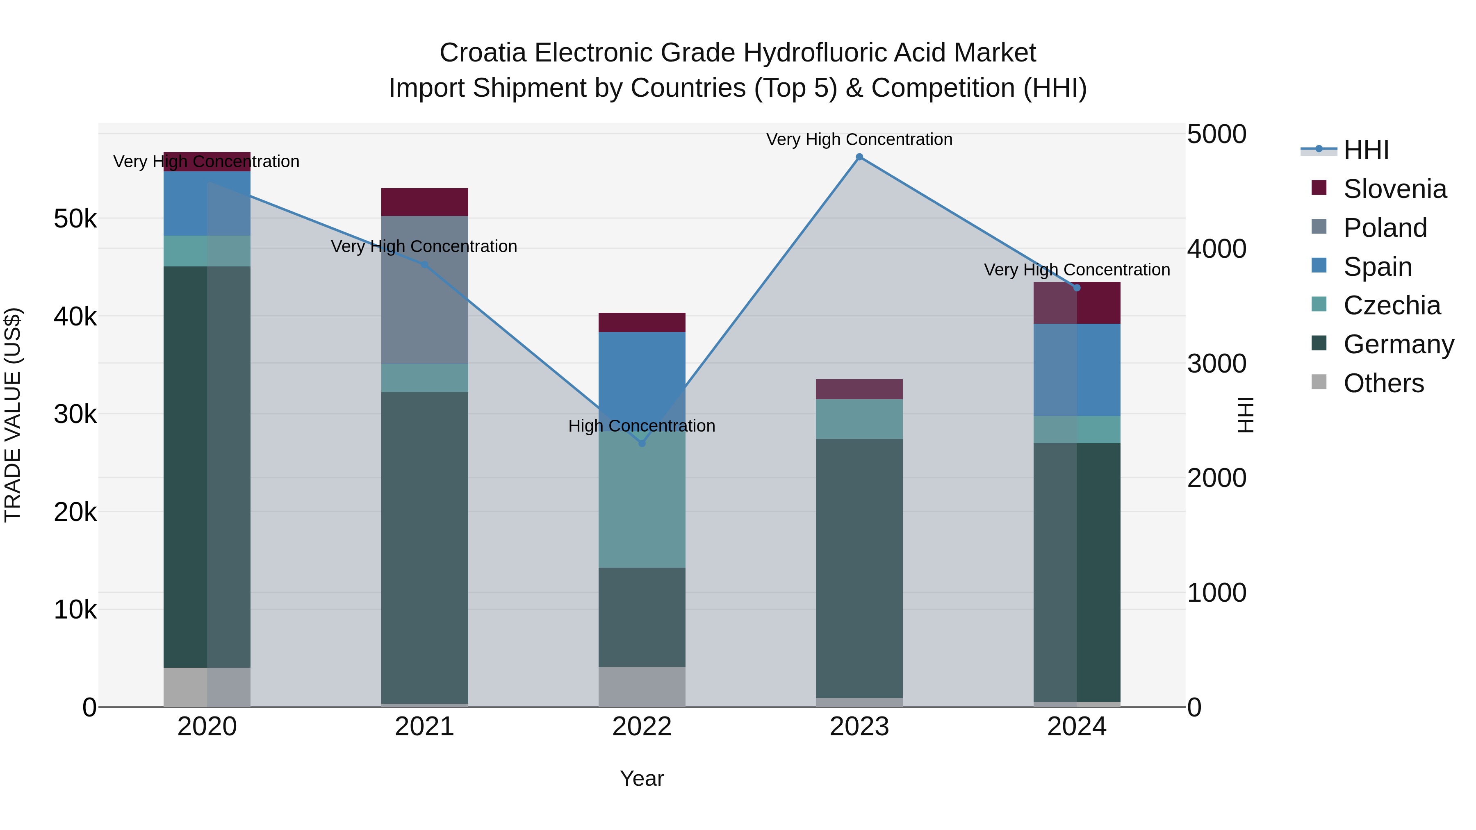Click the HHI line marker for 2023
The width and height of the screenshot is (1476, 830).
(859, 157)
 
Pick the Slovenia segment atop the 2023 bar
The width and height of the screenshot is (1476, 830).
(859, 389)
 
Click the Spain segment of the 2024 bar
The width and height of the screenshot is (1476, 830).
(1077, 369)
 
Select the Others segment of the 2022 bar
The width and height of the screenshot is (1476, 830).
(642, 686)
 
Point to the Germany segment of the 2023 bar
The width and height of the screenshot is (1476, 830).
(859, 567)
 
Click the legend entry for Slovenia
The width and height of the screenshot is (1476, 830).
(1395, 189)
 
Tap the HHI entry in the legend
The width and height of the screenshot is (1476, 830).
(1366, 150)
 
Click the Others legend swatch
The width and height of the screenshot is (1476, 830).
(1319, 382)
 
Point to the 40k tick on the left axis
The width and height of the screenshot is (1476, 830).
(75, 316)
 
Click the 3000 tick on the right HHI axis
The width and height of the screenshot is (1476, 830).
(1216, 364)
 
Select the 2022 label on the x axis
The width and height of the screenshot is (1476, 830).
(642, 727)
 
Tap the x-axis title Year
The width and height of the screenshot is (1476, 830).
(642, 778)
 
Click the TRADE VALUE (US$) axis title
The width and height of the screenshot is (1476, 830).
(13, 415)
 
